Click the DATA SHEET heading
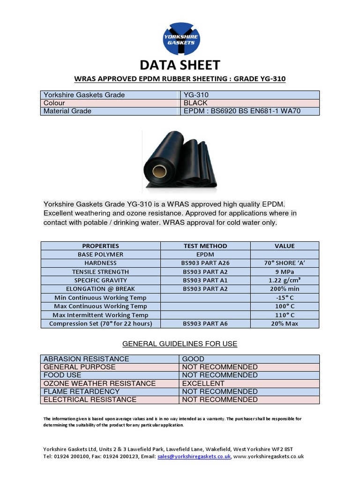[x=180, y=65]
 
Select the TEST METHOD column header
[x=205, y=246]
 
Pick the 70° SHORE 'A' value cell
[x=285, y=263]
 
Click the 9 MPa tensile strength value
[x=285, y=272]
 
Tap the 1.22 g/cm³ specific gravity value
[x=285, y=280]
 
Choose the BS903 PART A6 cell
[x=205, y=323]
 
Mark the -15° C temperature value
[x=285, y=298]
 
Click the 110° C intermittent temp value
[x=285, y=315]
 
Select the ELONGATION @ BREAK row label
[x=100, y=289]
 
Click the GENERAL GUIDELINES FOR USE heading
[x=180, y=344]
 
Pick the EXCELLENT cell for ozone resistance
[x=203, y=383]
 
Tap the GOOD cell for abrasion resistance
[x=193, y=359]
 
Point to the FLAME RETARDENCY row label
[x=82, y=391]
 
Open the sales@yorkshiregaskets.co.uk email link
[x=194, y=456]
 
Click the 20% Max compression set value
[x=285, y=323]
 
